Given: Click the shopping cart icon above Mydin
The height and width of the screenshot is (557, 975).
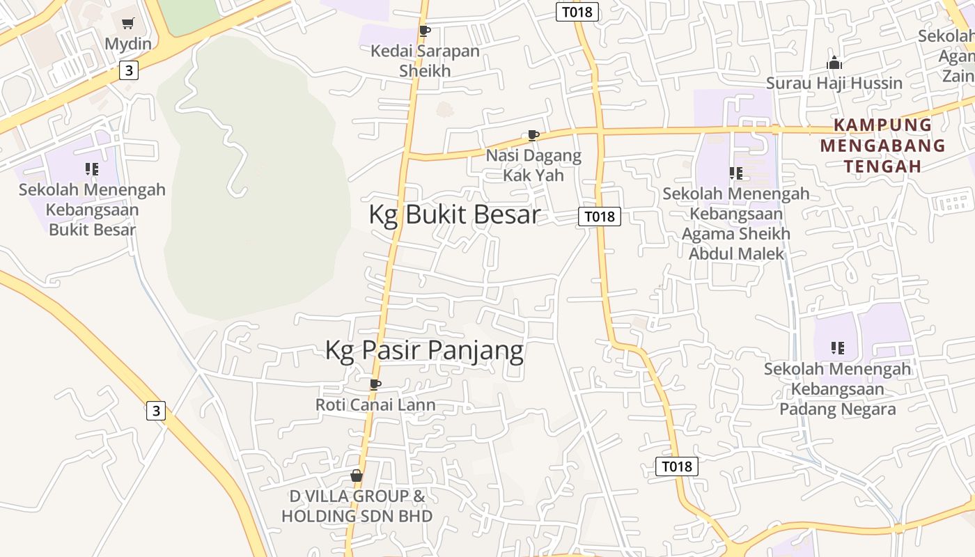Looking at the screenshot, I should pos(127,24).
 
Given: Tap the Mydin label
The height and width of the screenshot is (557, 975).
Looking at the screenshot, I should pos(127,44).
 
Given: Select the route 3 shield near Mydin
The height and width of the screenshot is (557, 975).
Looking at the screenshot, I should pos(129,70).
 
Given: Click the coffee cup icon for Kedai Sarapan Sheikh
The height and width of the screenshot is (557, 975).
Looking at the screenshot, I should pos(424,31).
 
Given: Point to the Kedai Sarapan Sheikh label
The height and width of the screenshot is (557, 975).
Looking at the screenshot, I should pos(425,61).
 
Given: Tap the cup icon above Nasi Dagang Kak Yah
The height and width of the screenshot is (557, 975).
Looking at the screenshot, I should pos(533,135).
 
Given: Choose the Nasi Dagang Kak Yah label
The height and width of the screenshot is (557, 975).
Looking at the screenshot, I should pos(533,165).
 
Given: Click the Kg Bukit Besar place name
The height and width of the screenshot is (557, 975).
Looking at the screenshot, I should pos(454,214).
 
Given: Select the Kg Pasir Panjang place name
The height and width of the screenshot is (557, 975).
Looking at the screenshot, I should pos(424,350).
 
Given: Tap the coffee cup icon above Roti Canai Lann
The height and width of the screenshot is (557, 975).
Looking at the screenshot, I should pos(375,384).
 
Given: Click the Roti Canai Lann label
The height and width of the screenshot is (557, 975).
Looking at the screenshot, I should pos(375,405).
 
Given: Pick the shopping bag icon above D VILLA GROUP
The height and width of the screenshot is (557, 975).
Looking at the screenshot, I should pos(357,476).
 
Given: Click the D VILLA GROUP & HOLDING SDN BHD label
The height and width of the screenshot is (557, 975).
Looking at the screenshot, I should pos(357,506).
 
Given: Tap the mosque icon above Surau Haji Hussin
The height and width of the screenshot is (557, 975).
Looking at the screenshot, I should pos(834,63).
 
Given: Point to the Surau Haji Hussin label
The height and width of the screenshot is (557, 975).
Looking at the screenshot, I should pos(834,83).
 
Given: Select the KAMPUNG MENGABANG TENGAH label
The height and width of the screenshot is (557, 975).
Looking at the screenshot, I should pos(882,146).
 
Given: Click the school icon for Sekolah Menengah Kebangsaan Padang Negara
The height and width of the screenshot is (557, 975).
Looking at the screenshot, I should pos(837,348).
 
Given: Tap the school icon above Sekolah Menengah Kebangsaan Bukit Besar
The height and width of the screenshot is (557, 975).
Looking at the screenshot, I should pos(92,169).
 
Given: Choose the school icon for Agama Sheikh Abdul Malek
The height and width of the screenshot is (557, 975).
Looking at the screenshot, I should pos(735,173).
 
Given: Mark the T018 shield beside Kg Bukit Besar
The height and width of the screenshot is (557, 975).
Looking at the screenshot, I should pos(599,217).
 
